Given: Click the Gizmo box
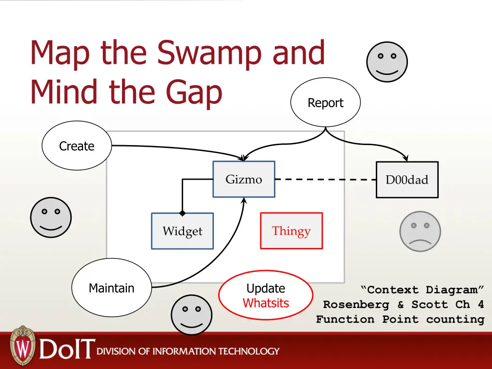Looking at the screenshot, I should tap(244, 179).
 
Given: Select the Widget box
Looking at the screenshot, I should tap(182, 231).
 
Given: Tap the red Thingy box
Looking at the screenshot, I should tap(291, 231).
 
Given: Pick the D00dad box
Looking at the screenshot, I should tap(406, 180).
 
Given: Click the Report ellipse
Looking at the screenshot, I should tap(325, 103).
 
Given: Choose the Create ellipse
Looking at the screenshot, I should tap(77, 146).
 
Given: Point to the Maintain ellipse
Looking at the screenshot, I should tap(111, 288).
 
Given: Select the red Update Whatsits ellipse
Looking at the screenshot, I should tap(266, 295).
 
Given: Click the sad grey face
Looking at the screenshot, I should tap(420, 231).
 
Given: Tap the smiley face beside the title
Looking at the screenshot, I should tap(387, 61).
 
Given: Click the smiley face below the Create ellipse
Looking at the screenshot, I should tap(51, 217).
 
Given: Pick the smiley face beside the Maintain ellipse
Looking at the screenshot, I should tap(192, 315).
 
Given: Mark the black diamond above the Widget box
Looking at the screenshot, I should tap(183, 213).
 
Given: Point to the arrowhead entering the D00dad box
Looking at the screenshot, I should tap(406, 159).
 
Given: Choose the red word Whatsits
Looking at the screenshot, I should tap(266, 303).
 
